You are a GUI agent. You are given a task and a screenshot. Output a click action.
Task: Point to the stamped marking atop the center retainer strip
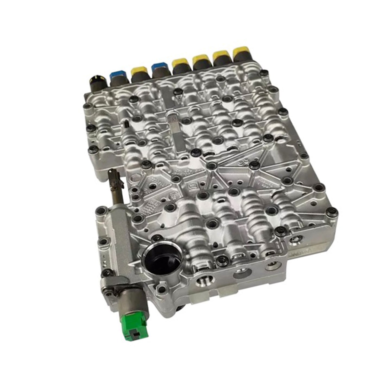point(171,119)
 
